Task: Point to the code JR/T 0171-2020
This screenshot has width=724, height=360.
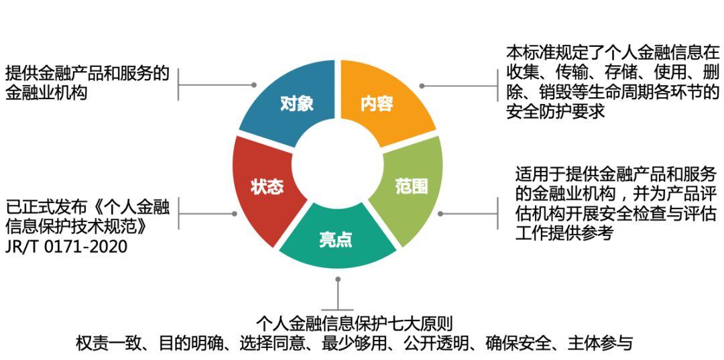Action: coord(66,247)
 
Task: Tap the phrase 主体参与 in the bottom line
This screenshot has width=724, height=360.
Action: coord(600,344)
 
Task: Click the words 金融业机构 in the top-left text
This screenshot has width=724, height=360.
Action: coord(47,93)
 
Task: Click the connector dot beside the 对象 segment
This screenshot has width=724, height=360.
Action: coord(254,85)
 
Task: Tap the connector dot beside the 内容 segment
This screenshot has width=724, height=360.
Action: coord(422,86)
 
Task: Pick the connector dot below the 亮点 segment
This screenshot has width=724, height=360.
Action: coord(339,278)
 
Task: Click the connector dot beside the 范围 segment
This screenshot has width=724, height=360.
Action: coord(440,214)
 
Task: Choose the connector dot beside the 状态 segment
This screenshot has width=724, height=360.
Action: coord(234,214)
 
